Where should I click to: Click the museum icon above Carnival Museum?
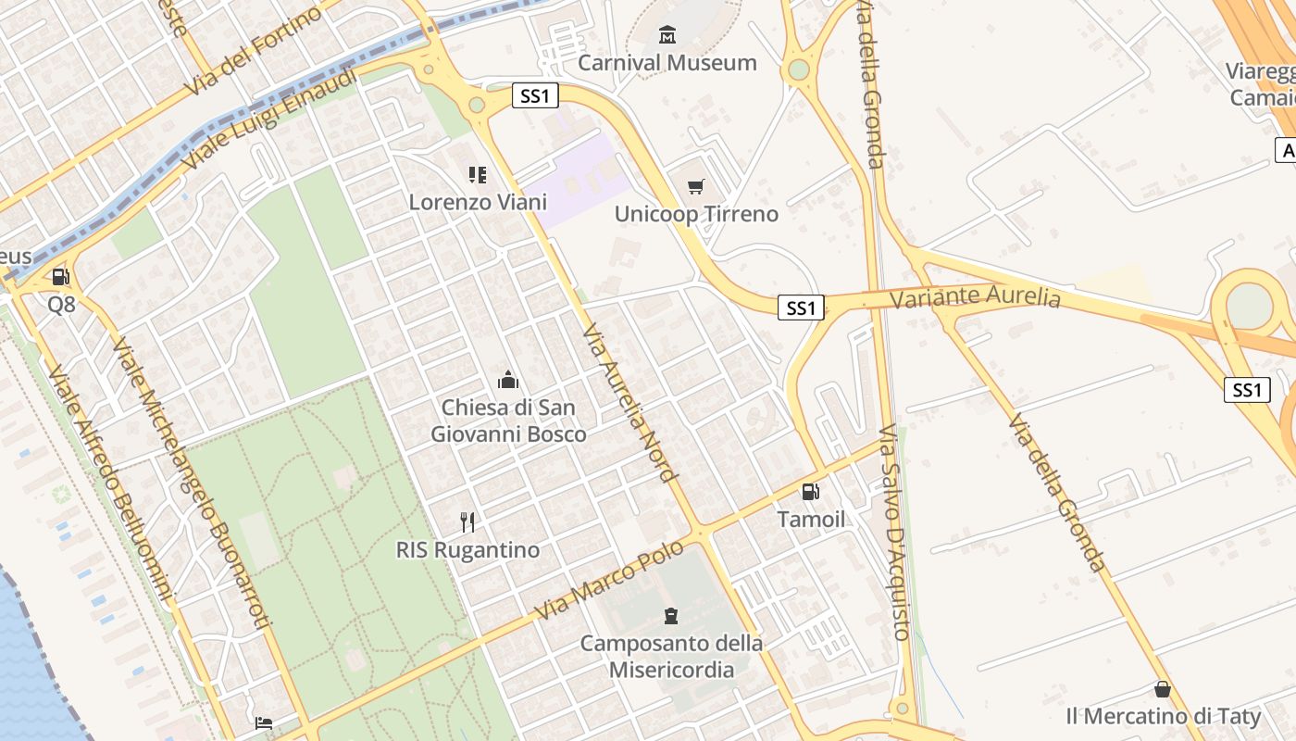coord(667,35)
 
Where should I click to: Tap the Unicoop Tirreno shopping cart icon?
coord(696,186)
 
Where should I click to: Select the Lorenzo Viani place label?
coord(478,202)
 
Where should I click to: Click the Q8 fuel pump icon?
coord(61,276)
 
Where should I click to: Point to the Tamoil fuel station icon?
coord(811,492)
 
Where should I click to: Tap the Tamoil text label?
coord(811,519)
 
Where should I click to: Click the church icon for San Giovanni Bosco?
coord(508,380)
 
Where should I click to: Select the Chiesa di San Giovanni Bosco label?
coord(508,421)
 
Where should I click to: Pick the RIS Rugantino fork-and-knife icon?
coord(467,522)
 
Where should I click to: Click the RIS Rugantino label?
coord(467,550)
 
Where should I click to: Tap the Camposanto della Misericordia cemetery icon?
coord(671,615)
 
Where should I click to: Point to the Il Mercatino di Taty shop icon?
coord(1163,689)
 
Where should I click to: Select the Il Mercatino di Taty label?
coord(1163,716)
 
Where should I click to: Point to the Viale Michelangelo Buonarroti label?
coord(192,482)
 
